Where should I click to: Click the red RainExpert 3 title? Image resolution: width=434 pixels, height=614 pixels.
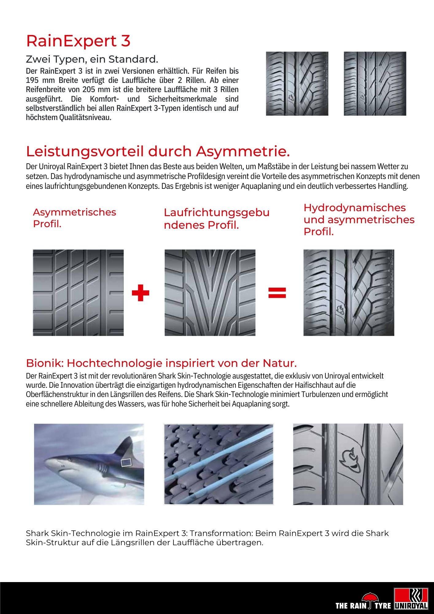[78, 41]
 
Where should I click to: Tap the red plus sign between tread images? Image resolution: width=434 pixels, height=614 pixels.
[140, 293]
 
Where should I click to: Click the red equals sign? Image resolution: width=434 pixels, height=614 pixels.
[277, 293]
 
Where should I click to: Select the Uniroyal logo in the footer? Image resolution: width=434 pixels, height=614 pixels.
[411, 599]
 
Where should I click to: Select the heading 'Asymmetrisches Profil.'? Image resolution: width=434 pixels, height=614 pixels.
[75, 218]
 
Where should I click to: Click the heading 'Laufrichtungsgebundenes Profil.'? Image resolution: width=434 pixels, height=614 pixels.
[216, 218]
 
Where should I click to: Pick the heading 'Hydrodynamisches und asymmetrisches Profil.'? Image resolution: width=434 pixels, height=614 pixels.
[359, 220]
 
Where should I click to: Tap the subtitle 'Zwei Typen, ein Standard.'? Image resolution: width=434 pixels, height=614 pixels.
[92, 59]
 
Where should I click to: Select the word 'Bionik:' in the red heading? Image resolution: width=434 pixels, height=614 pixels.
[45, 363]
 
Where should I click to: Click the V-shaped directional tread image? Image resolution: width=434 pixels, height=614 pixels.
[210, 293]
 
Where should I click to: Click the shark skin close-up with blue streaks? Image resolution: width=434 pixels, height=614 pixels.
[219, 464]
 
